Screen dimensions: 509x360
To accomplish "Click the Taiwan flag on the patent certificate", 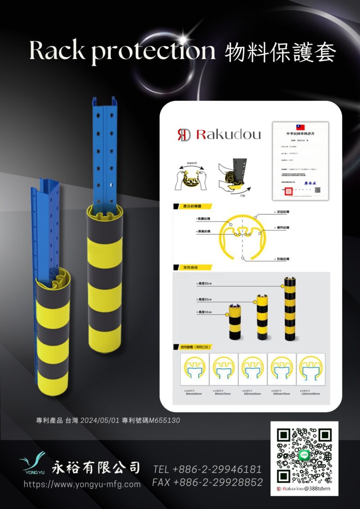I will pos(300,127).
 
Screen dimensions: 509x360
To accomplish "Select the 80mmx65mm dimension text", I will pos(194,394).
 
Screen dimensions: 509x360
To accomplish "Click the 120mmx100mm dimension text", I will pos(310,394).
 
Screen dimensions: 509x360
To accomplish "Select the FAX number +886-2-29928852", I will pos(207,482).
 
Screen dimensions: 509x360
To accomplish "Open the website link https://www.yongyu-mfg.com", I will pos(82,484).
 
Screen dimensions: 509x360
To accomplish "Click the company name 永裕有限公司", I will pos(96,468).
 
